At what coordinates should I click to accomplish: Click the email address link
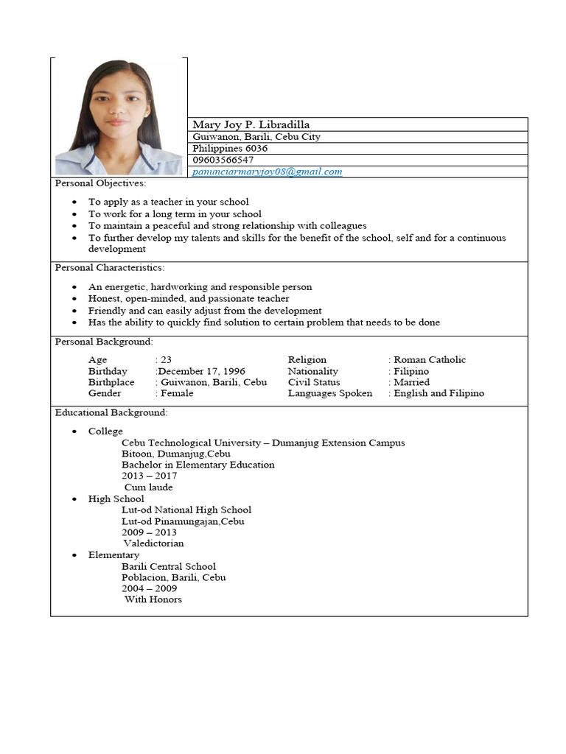pos(268,172)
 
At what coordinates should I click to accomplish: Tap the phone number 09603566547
pos(223,160)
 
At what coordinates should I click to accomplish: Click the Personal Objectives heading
pos(100,183)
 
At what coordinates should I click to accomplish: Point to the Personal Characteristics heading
pos(110,267)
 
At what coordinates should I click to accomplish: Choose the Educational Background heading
pos(111,412)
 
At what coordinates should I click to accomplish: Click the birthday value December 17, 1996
pos(201,371)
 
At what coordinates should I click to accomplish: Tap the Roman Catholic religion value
pos(430,359)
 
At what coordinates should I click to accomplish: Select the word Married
pos(412,382)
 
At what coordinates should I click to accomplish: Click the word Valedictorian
pos(154,543)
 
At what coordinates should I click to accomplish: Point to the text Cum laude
pos(149,487)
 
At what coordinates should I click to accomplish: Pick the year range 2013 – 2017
pos(149,476)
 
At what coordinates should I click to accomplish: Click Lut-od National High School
pos(186,510)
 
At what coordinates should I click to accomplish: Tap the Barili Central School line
pos(169,566)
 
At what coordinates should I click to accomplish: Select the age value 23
pos(166,359)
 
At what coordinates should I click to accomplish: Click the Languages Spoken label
pos(330,393)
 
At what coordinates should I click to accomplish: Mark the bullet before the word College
pos(74,431)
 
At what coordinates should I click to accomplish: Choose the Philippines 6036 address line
pos(230,148)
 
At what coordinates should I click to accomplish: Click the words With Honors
pos(153,599)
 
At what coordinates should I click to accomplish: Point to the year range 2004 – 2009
pos(149,588)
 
